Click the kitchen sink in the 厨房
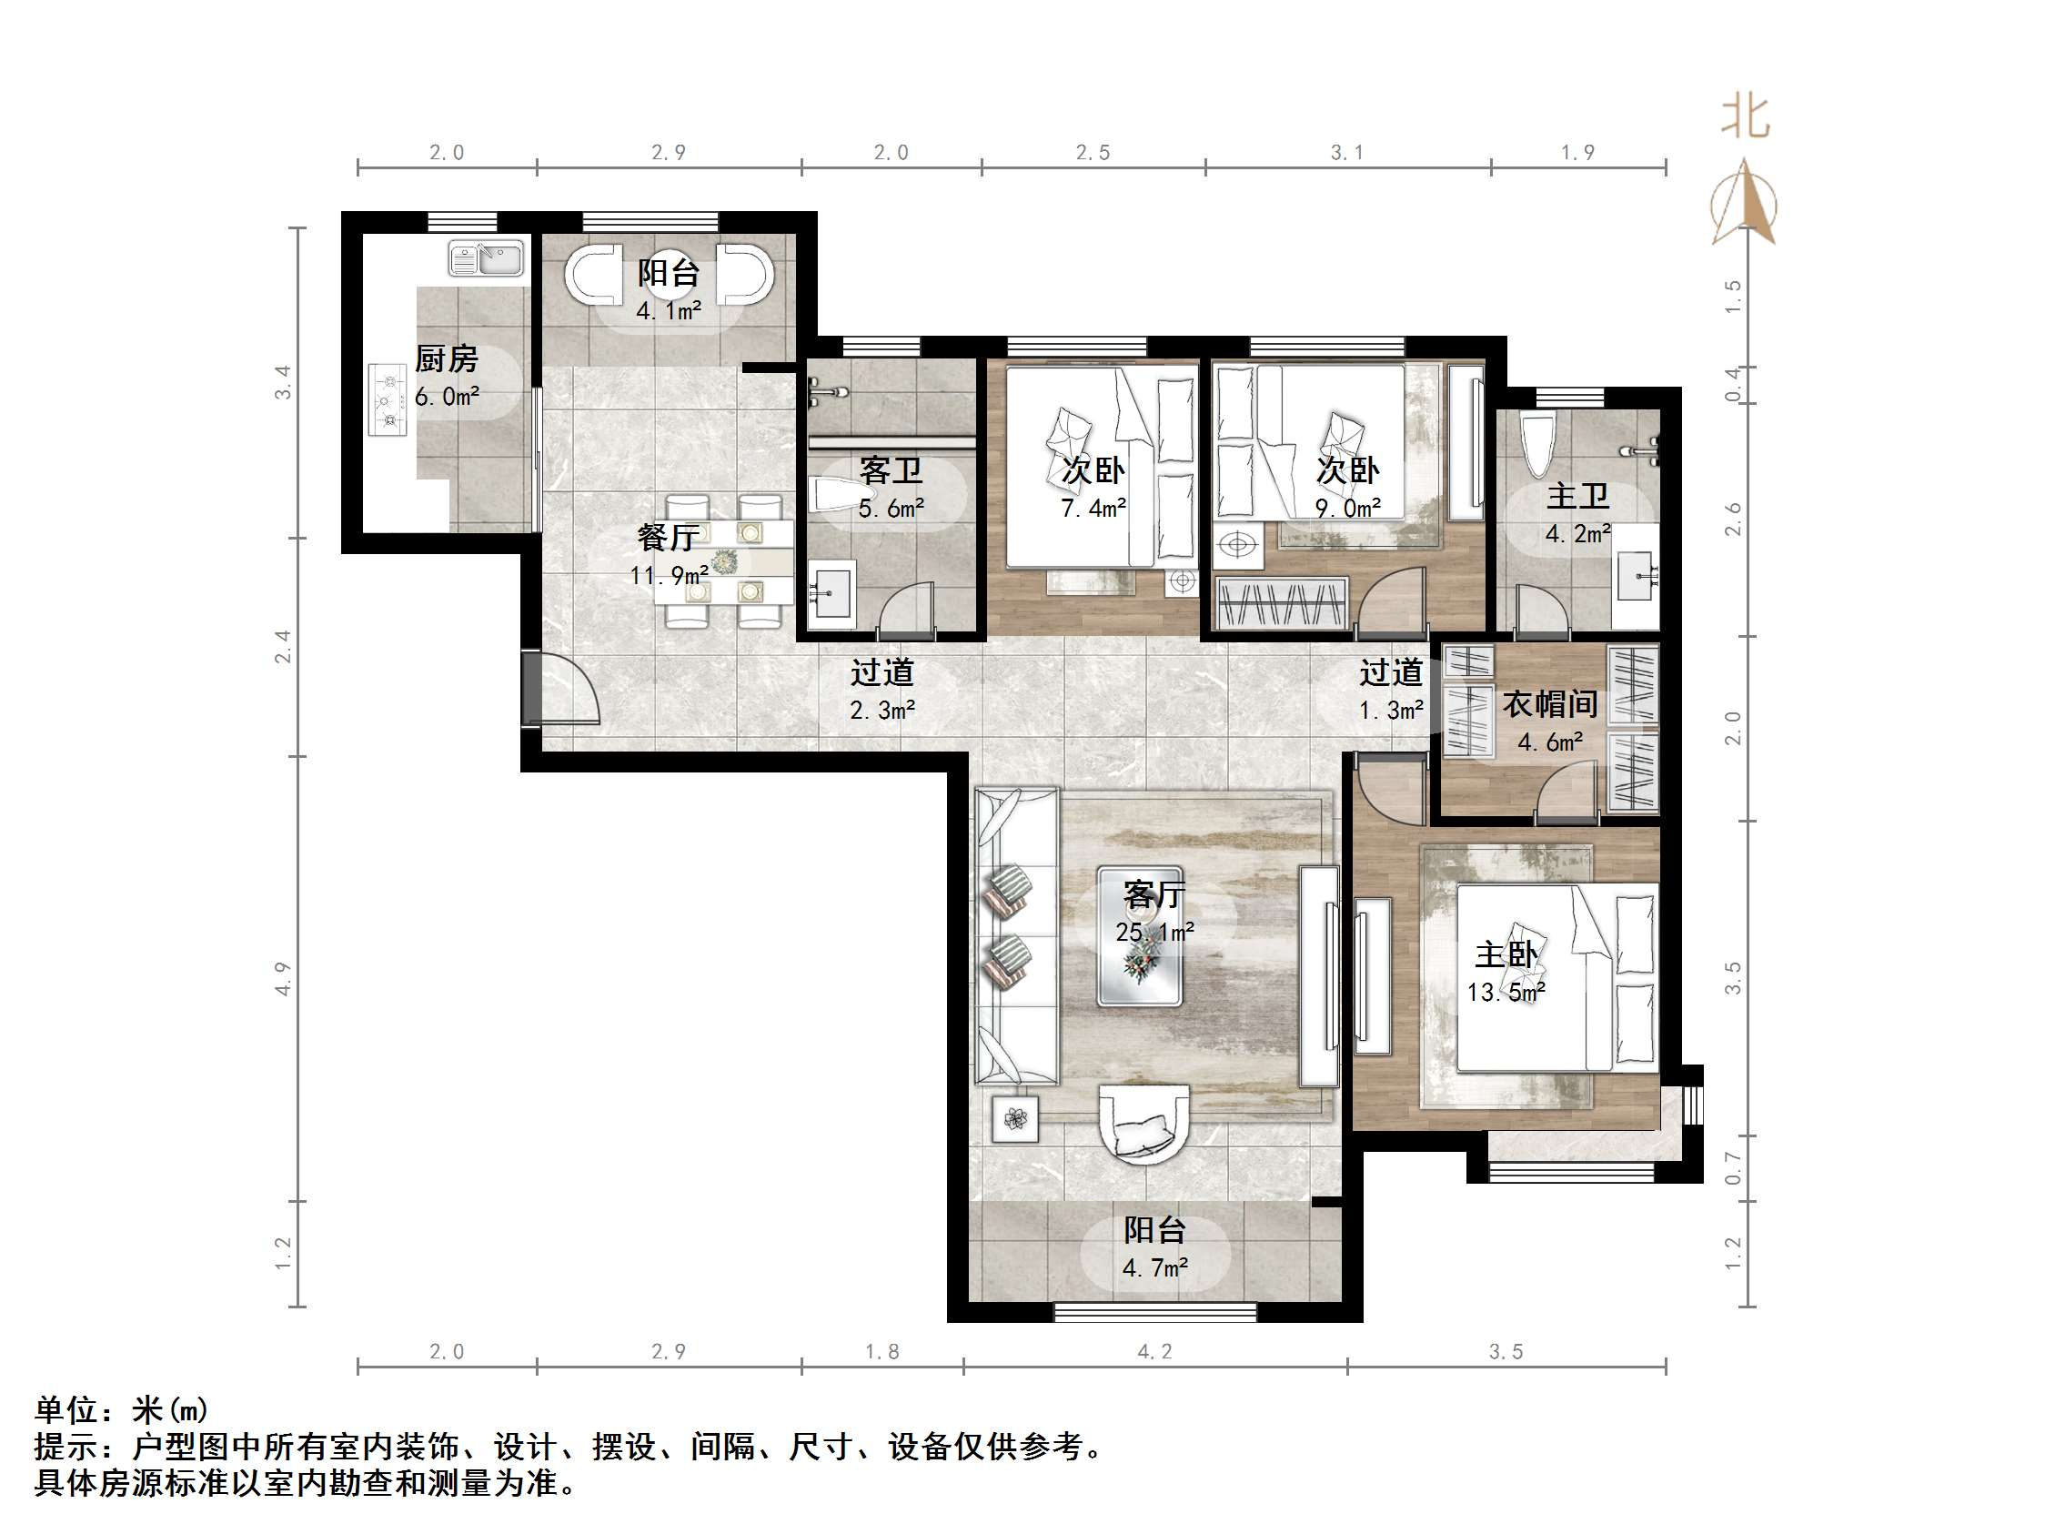pyautogui.click(x=486, y=258)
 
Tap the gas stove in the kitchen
pyautogui.click(x=388, y=399)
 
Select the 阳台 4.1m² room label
pyautogui.click(x=668, y=290)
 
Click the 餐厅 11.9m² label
pyautogui.click(x=669, y=555)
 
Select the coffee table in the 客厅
pyautogui.click(x=1139, y=935)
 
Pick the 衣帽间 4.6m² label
pyautogui.click(x=1550, y=722)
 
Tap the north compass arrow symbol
pyautogui.click(x=1744, y=204)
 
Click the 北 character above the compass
pyautogui.click(x=1745, y=118)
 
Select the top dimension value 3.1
pyautogui.click(x=1347, y=153)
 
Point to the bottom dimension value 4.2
pyautogui.click(x=1153, y=1352)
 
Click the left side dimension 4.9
pyautogui.click(x=283, y=978)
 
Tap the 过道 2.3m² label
pyautogui.click(x=882, y=690)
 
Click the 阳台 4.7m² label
pyautogui.click(x=1154, y=1248)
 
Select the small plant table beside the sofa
pyautogui.click(x=1015, y=1120)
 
